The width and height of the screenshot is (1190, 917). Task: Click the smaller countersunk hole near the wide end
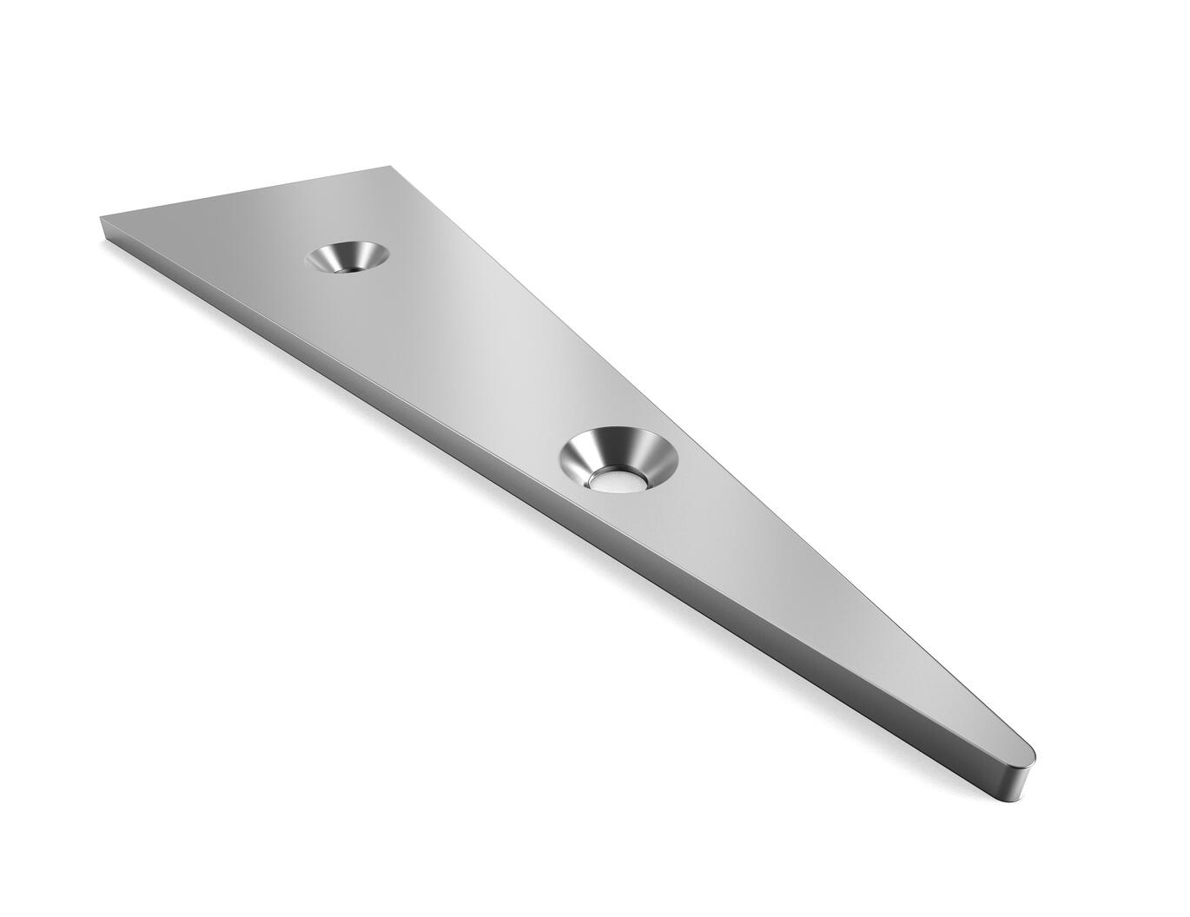click(347, 258)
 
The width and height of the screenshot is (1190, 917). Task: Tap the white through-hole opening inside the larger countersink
click(616, 482)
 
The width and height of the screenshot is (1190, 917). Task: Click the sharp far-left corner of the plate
click(102, 218)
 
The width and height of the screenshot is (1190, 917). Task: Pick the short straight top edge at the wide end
click(243, 191)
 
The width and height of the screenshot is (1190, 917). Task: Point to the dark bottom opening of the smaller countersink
click(343, 267)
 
